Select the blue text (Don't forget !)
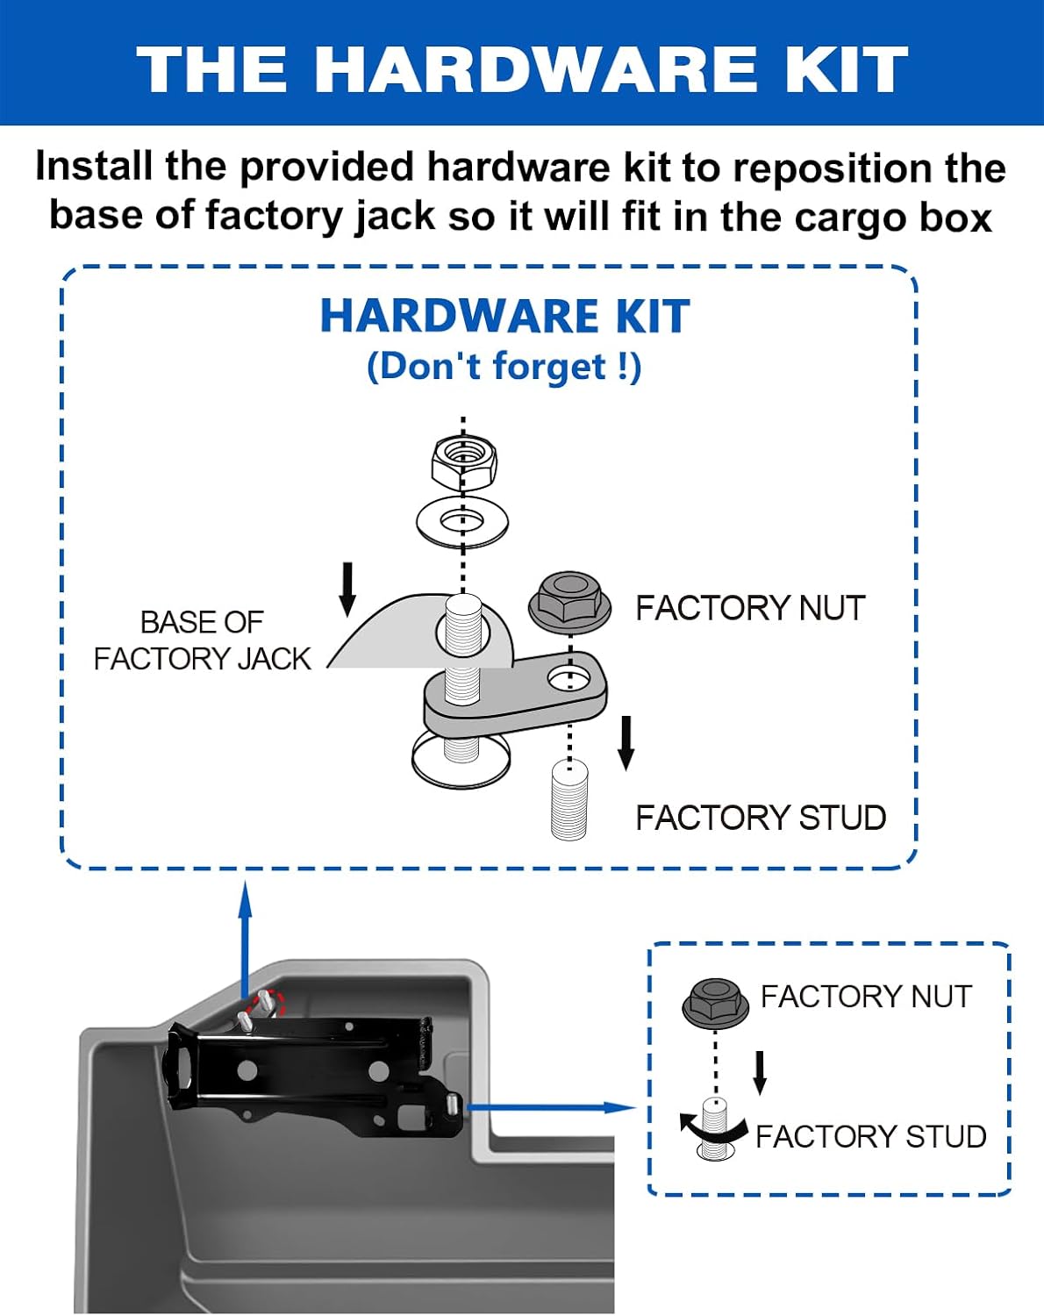click(x=504, y=367)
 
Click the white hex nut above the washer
click(x=463, y=463)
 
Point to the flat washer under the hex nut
click(x=462, y=522)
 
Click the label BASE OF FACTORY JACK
click(x=203, y=640)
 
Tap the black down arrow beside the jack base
click(x=347, y=589)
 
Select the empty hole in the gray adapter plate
click(x=570, y=678)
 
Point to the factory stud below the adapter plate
click(x=568, y=799)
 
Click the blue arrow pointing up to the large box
click(x=246, y=940)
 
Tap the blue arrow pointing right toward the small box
click(x=551, y=1107)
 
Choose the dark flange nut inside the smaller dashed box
click(x=715, y=1003)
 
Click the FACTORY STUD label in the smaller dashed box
click(x=871, y=1137)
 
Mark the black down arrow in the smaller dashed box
click(x=760, y=1073)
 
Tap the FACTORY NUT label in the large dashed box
click(x=750, y=608)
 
